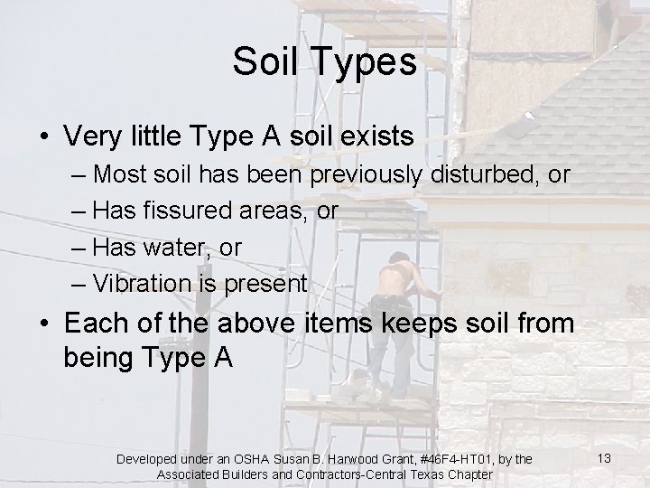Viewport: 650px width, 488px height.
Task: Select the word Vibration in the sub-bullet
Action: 144,283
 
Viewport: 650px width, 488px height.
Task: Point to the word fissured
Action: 194,210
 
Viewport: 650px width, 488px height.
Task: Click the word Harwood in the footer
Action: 350,460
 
